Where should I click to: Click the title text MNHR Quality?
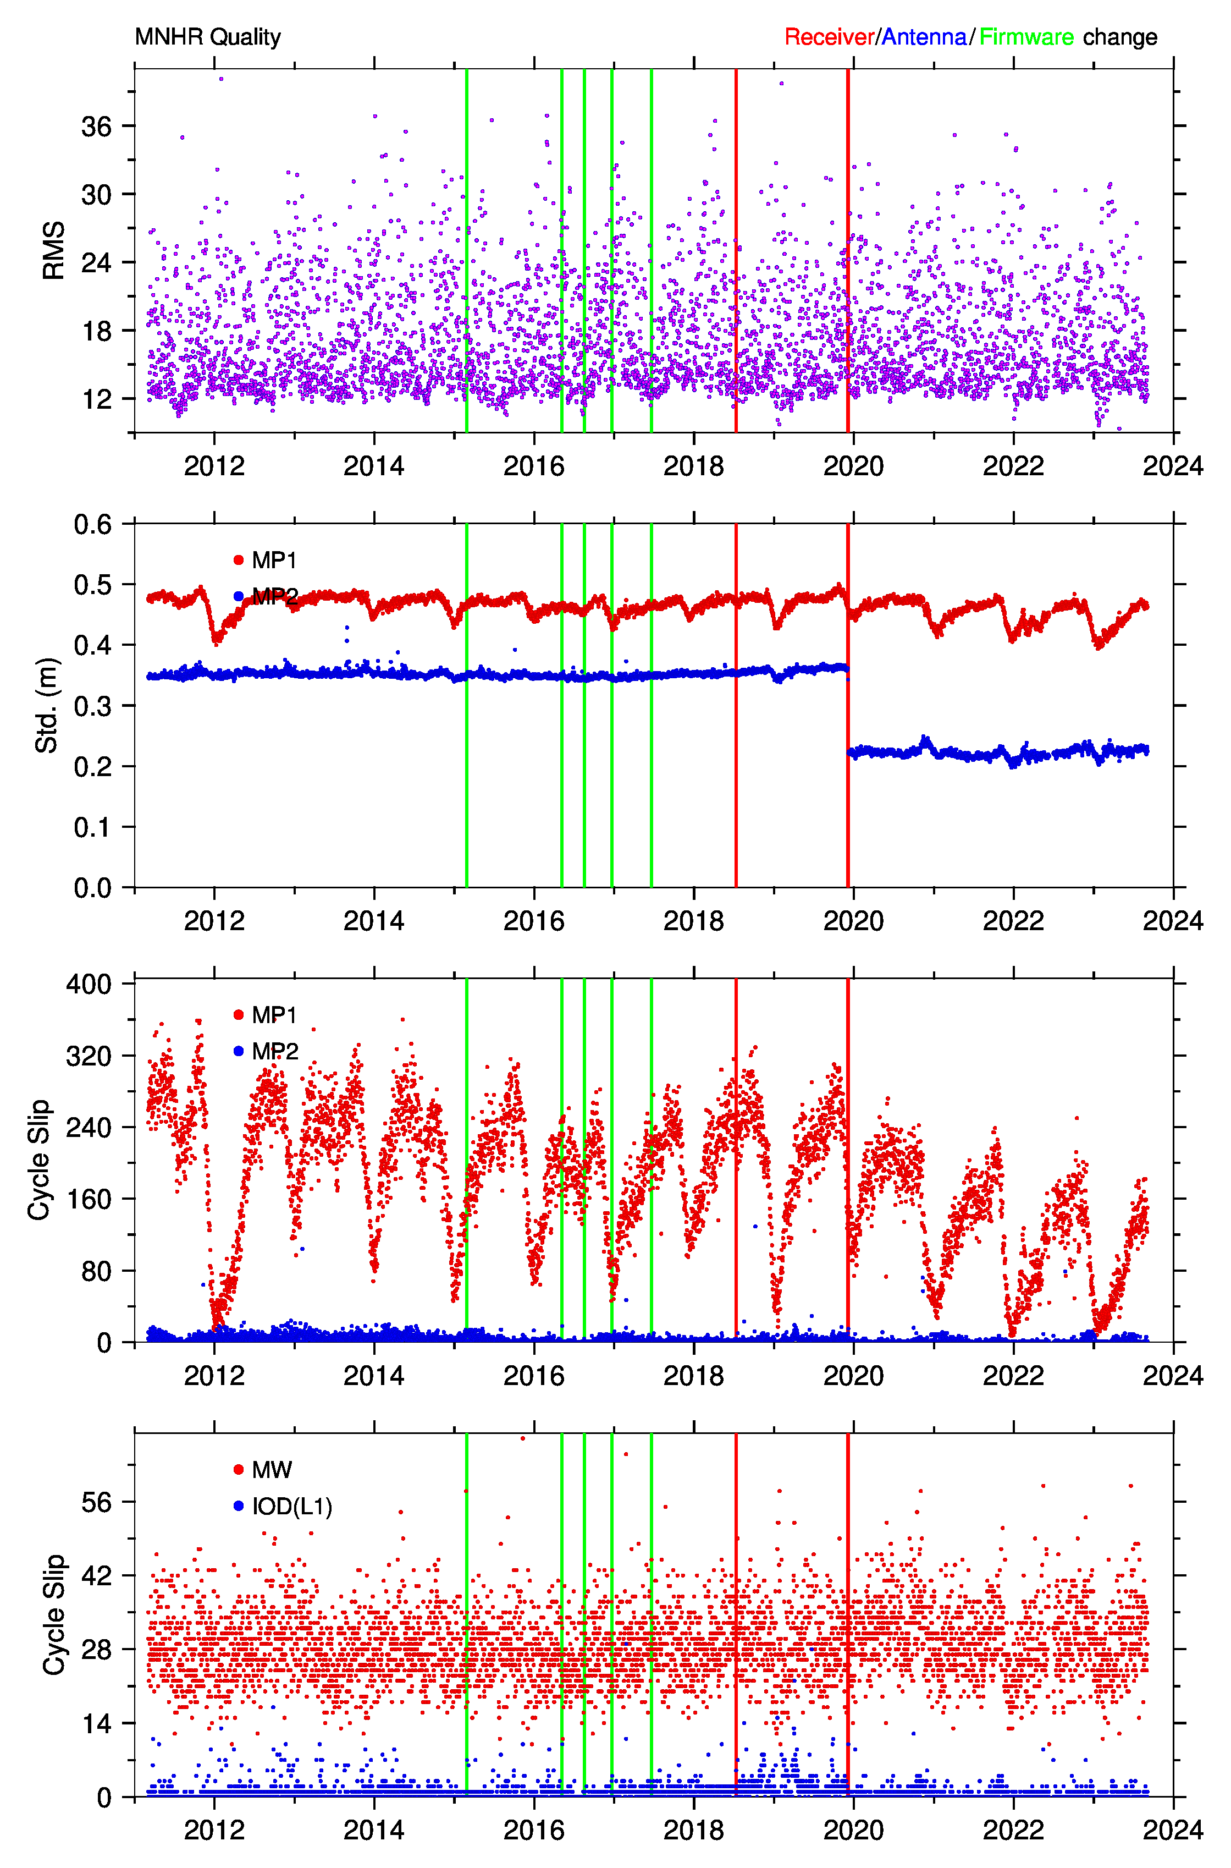point(208,37)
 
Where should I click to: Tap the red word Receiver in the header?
point(830,37)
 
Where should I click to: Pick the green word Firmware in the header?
point(1026,37)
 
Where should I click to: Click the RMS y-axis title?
point(53,250)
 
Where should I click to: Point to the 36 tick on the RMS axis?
point(97,127)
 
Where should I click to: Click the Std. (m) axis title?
point(47,705)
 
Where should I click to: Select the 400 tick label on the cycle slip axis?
point(89,985)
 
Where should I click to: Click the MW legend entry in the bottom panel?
point(272,1470)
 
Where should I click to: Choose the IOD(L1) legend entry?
point(292,1506)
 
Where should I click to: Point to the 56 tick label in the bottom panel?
point(97,1503)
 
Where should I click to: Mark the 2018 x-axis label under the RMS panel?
point(693,466)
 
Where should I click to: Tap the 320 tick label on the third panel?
point(89,1056)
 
